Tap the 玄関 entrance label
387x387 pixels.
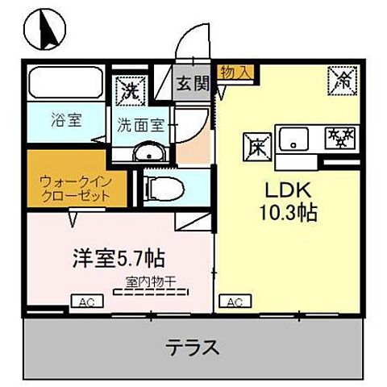click(194, 82)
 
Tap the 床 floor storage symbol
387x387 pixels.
click(253, 148)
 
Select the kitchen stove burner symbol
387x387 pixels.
click(339, 138)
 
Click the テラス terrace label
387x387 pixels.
click(193, 349)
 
